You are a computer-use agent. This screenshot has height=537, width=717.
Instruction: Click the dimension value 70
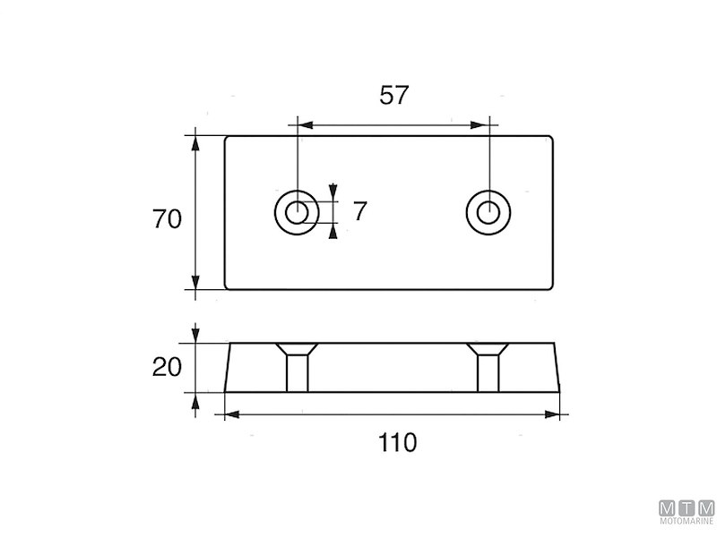[168, 219]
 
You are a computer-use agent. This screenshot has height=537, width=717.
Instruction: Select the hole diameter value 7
[359, 212]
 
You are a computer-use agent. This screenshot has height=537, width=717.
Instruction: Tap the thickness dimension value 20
[168, 367]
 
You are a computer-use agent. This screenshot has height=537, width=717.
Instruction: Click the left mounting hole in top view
[294, 212]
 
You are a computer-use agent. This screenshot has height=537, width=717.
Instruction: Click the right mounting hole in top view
[488, 212]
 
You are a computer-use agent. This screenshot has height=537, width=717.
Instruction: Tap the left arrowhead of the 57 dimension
[303, 125]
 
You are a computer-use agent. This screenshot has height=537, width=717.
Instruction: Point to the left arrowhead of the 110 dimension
[230, 414]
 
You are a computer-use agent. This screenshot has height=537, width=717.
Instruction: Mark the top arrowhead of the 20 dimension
[196, 337]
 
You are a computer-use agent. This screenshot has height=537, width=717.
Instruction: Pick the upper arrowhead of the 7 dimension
[333, 191]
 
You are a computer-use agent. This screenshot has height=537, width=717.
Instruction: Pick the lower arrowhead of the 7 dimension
[333, 233]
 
